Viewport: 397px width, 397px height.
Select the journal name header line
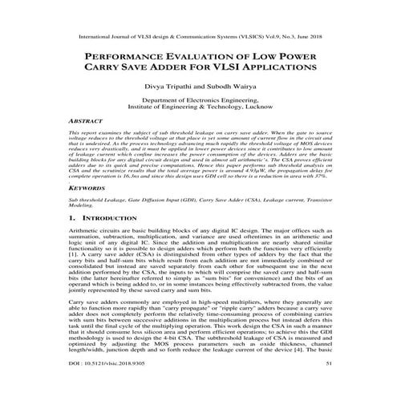198,36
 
